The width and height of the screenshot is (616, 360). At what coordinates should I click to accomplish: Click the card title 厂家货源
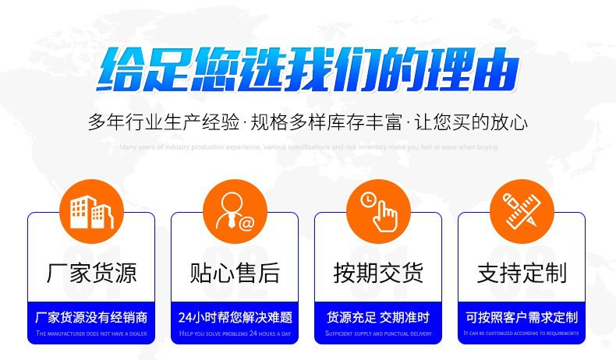pyautogui.click(x=91, y=273)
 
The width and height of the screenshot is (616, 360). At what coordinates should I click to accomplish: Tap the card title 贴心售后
pyautogui.click(x=235, y=273)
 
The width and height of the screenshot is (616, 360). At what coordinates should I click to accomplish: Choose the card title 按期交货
pyautogui.click(x=378, y=273)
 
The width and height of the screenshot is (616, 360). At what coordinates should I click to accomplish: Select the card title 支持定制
pyautogui.click(x=522, y=273)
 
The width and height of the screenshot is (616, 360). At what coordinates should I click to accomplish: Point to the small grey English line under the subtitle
pyautogui.click(x=308, y=146)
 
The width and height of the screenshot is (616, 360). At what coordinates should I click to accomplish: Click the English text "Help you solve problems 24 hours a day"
pyautogui.click(x=235, y=334)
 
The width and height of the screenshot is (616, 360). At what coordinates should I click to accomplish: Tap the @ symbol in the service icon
pyautogui.click(x=247, y=223)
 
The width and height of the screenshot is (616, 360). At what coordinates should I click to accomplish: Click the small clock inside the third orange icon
pyautogui.click(x=367, y=199)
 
